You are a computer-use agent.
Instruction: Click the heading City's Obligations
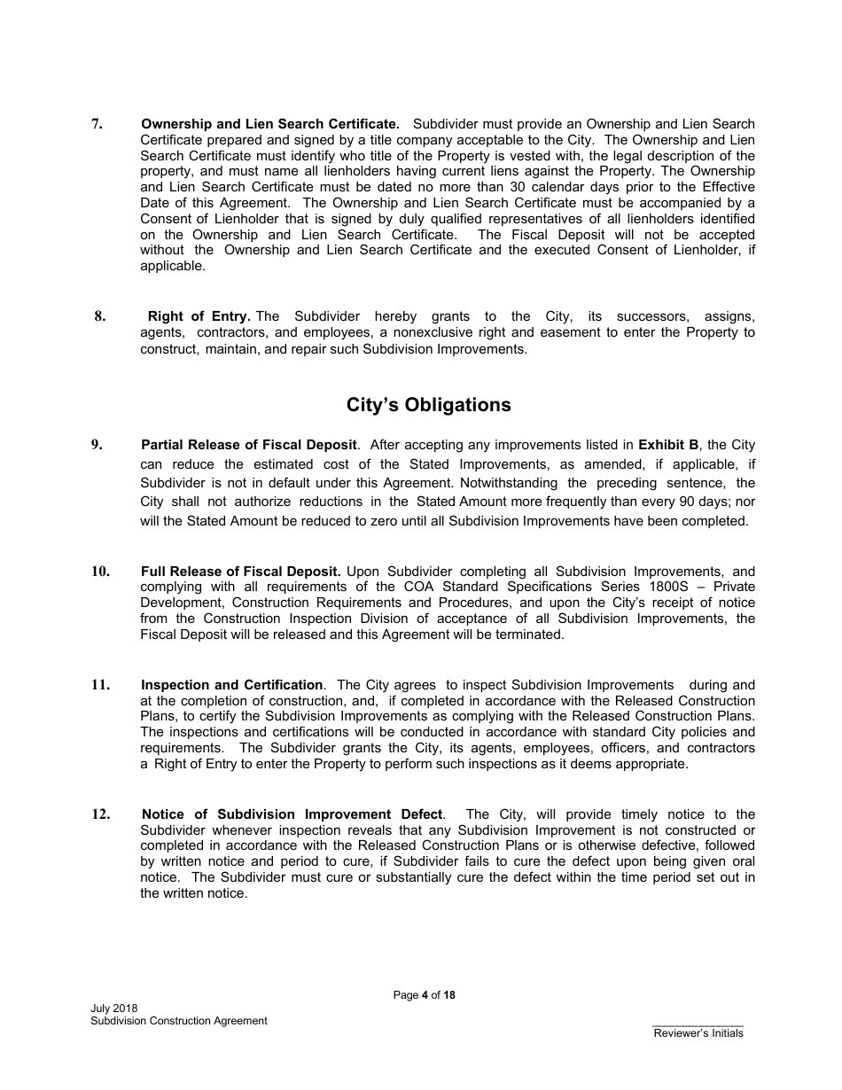pos(428,405)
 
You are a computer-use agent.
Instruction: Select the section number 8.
pos(100,316)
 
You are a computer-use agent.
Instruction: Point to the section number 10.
pos(100,572)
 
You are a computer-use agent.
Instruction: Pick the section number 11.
pos(100,685)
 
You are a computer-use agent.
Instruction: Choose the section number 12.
pos(100,814)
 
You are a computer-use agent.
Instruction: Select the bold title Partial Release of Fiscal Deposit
pos(248,445)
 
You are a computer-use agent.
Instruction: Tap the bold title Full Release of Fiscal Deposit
pos(240,572)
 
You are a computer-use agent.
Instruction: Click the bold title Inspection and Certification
pos(231,685)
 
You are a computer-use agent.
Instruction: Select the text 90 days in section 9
pos(716,502)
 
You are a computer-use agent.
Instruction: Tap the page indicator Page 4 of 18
pos(424,995)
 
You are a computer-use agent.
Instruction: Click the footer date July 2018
pos(113,1008)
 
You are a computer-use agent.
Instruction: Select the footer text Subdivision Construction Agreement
pos(178,1021)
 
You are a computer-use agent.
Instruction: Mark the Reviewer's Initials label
pos(698,1033)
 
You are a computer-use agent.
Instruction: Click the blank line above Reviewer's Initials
pos(698,1025)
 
